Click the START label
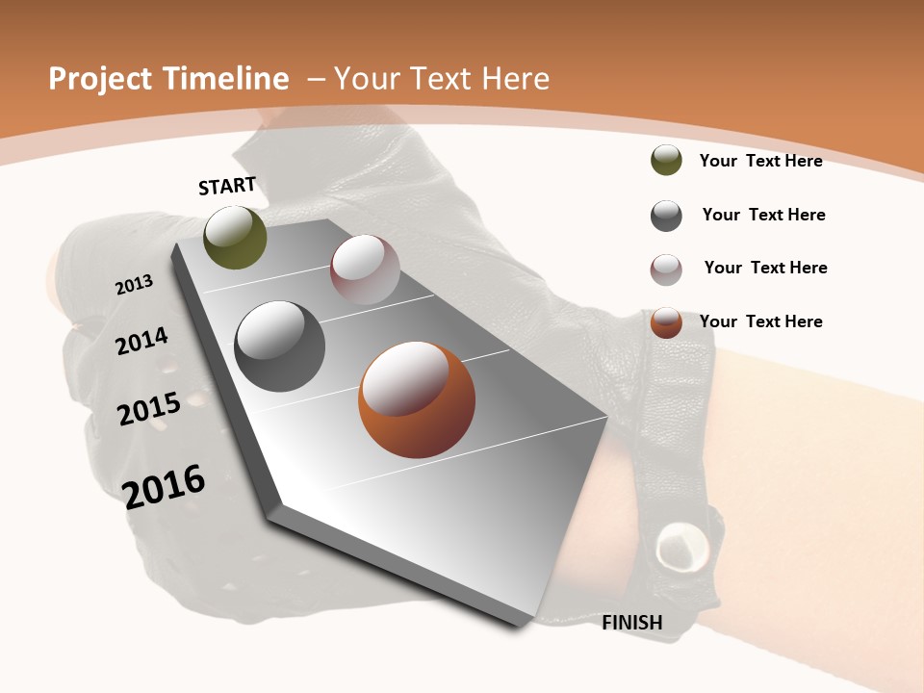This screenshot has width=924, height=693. pyautogui.click(x=227, y=186)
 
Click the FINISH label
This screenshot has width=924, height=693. pyautogui.click(x=632, y=623)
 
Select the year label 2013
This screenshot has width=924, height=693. pyautogui.click(x=135, y=285)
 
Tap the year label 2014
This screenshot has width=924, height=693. pyautogui.click(x=142, y=341)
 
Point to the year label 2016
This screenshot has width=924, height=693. pyautogui.click(x=164, y=486)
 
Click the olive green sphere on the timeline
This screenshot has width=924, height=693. pyautogui.click(x=235, y=237)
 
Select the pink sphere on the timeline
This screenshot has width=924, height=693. pyautogui.click(x=365, y=269)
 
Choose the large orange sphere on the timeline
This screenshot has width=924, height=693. pyautogui.click(x=417, y=399)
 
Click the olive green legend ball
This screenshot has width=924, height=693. pyautogui.click(x=666, y=161)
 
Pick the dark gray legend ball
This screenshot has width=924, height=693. pyautogui.click(x=666, y=216)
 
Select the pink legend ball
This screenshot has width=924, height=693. pyautogui.click(x=666, y=269)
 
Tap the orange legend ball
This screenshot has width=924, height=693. pyautogui.click(x=666, y=322)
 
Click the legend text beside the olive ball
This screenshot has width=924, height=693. pyautogui.click(x=760, y=161)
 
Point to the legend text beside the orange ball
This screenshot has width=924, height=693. pyautogui.click(x=760, y=321)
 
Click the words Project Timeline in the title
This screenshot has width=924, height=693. pyautogui.click(x=168, y=79)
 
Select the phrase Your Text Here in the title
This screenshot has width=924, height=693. pyautogui.click(x=442, y=79)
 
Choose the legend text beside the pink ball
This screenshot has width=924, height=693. pyautogui.click(x=765, y=268)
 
